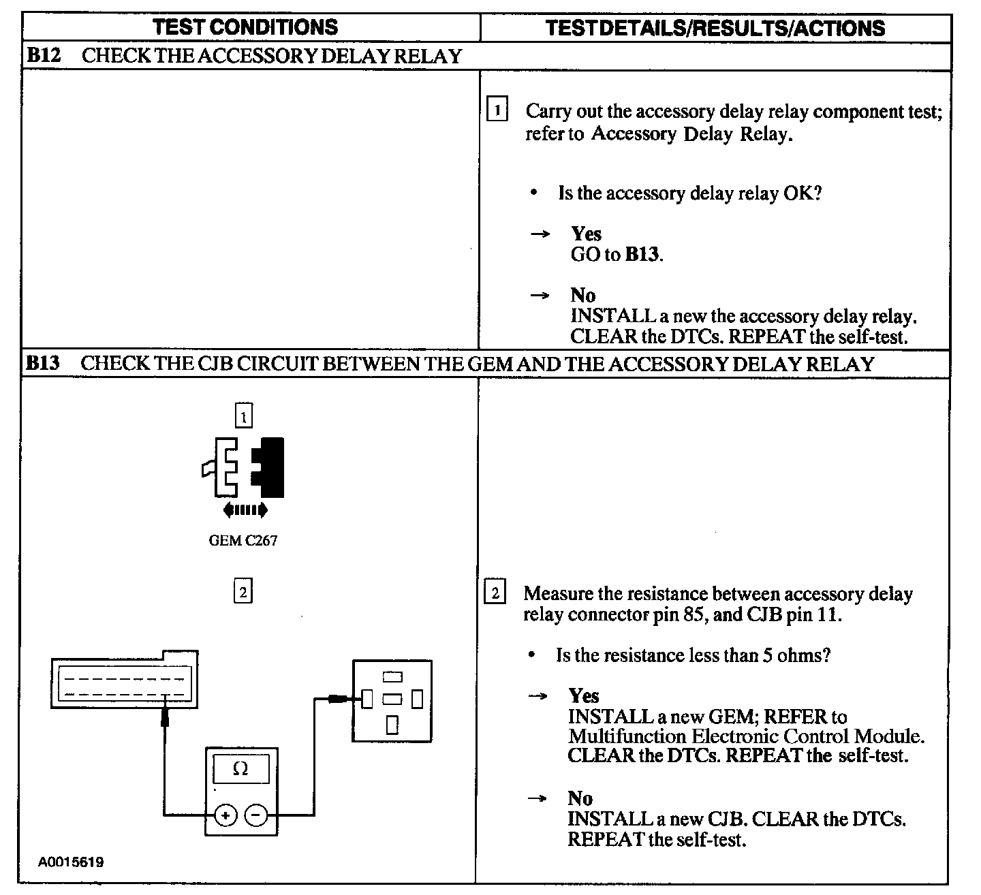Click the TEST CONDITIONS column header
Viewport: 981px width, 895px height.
pos(245,27)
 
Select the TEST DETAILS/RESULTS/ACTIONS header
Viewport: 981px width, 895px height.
pos(715,28)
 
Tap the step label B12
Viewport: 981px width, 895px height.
pos(43,55)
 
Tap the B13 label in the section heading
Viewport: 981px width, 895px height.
pos(43,363)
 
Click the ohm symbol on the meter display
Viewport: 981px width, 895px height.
pos(240,769)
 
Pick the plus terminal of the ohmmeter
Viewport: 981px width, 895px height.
pos(225,815)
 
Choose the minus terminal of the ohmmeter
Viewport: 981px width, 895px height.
pos(256,815)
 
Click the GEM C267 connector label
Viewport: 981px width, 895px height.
pos(243,541)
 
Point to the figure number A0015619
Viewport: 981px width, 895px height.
pos(71,862)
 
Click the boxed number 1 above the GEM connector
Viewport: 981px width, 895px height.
pos(243,416)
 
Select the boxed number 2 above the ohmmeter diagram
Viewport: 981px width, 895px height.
pos(243,591)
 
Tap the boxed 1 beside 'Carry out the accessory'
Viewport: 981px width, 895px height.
pos(497,110)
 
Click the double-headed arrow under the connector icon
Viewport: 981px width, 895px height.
pos(245,509)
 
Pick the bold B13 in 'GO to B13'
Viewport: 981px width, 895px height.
pos(643,255)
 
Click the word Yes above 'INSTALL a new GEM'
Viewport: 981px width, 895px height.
pos(584,696)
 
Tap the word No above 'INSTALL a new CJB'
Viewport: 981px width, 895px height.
pos(580,798)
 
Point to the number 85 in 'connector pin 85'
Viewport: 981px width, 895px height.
pos(688,614)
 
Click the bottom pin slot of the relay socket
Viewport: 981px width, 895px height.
pos(392,725)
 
